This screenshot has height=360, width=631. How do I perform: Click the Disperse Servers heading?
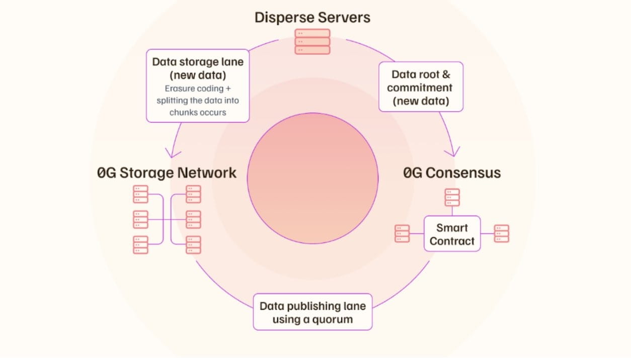coord(312,18)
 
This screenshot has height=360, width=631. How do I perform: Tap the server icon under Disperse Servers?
coord(312,42)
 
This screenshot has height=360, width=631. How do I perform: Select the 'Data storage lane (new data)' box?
coord(198,86)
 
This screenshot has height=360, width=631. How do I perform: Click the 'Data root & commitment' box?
coord(421,86)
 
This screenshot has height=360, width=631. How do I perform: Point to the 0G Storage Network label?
coord(167,172)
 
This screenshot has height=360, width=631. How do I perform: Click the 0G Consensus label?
coord(452,172)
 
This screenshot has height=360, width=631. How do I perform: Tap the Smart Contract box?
coord(452,234)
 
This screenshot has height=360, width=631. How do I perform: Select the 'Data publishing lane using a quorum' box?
coord(312,312)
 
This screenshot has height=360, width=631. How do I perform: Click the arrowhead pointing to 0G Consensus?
coord(453,152)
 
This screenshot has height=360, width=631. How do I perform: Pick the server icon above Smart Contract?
coord(452,198)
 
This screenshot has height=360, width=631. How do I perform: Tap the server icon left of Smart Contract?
coord(402,233)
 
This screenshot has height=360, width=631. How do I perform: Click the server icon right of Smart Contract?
coord(501,233)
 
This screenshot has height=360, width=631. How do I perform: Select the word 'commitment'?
coord(420,88)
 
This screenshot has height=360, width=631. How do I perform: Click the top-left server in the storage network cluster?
coord(140,194)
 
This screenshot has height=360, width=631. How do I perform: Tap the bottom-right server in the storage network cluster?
coord(194,245)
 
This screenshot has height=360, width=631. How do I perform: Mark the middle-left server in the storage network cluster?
coord(140,220)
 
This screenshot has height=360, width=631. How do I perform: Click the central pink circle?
coord(312,178)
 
